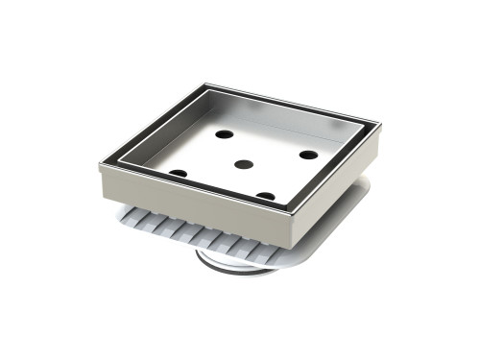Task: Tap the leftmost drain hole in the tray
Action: (x=178, y=173)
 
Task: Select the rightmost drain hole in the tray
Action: (x=307, y=154)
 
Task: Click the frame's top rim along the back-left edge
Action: (x=154, y=120)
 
